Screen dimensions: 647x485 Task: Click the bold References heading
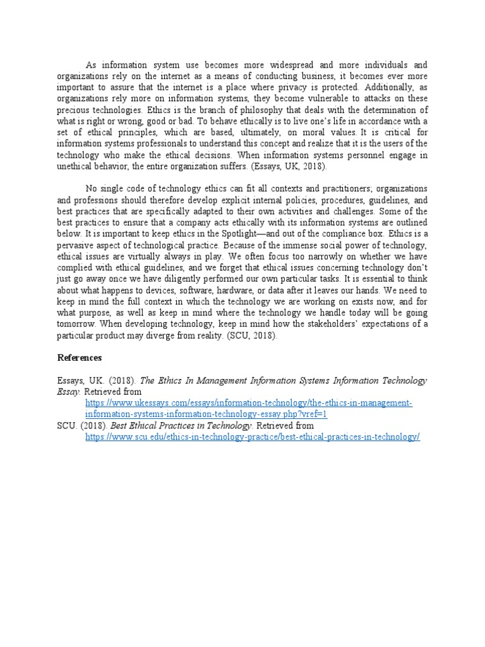pyautogui.click(x=79, y=358)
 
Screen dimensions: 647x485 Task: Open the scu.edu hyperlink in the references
pyautogui.click(x=253, y=437)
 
